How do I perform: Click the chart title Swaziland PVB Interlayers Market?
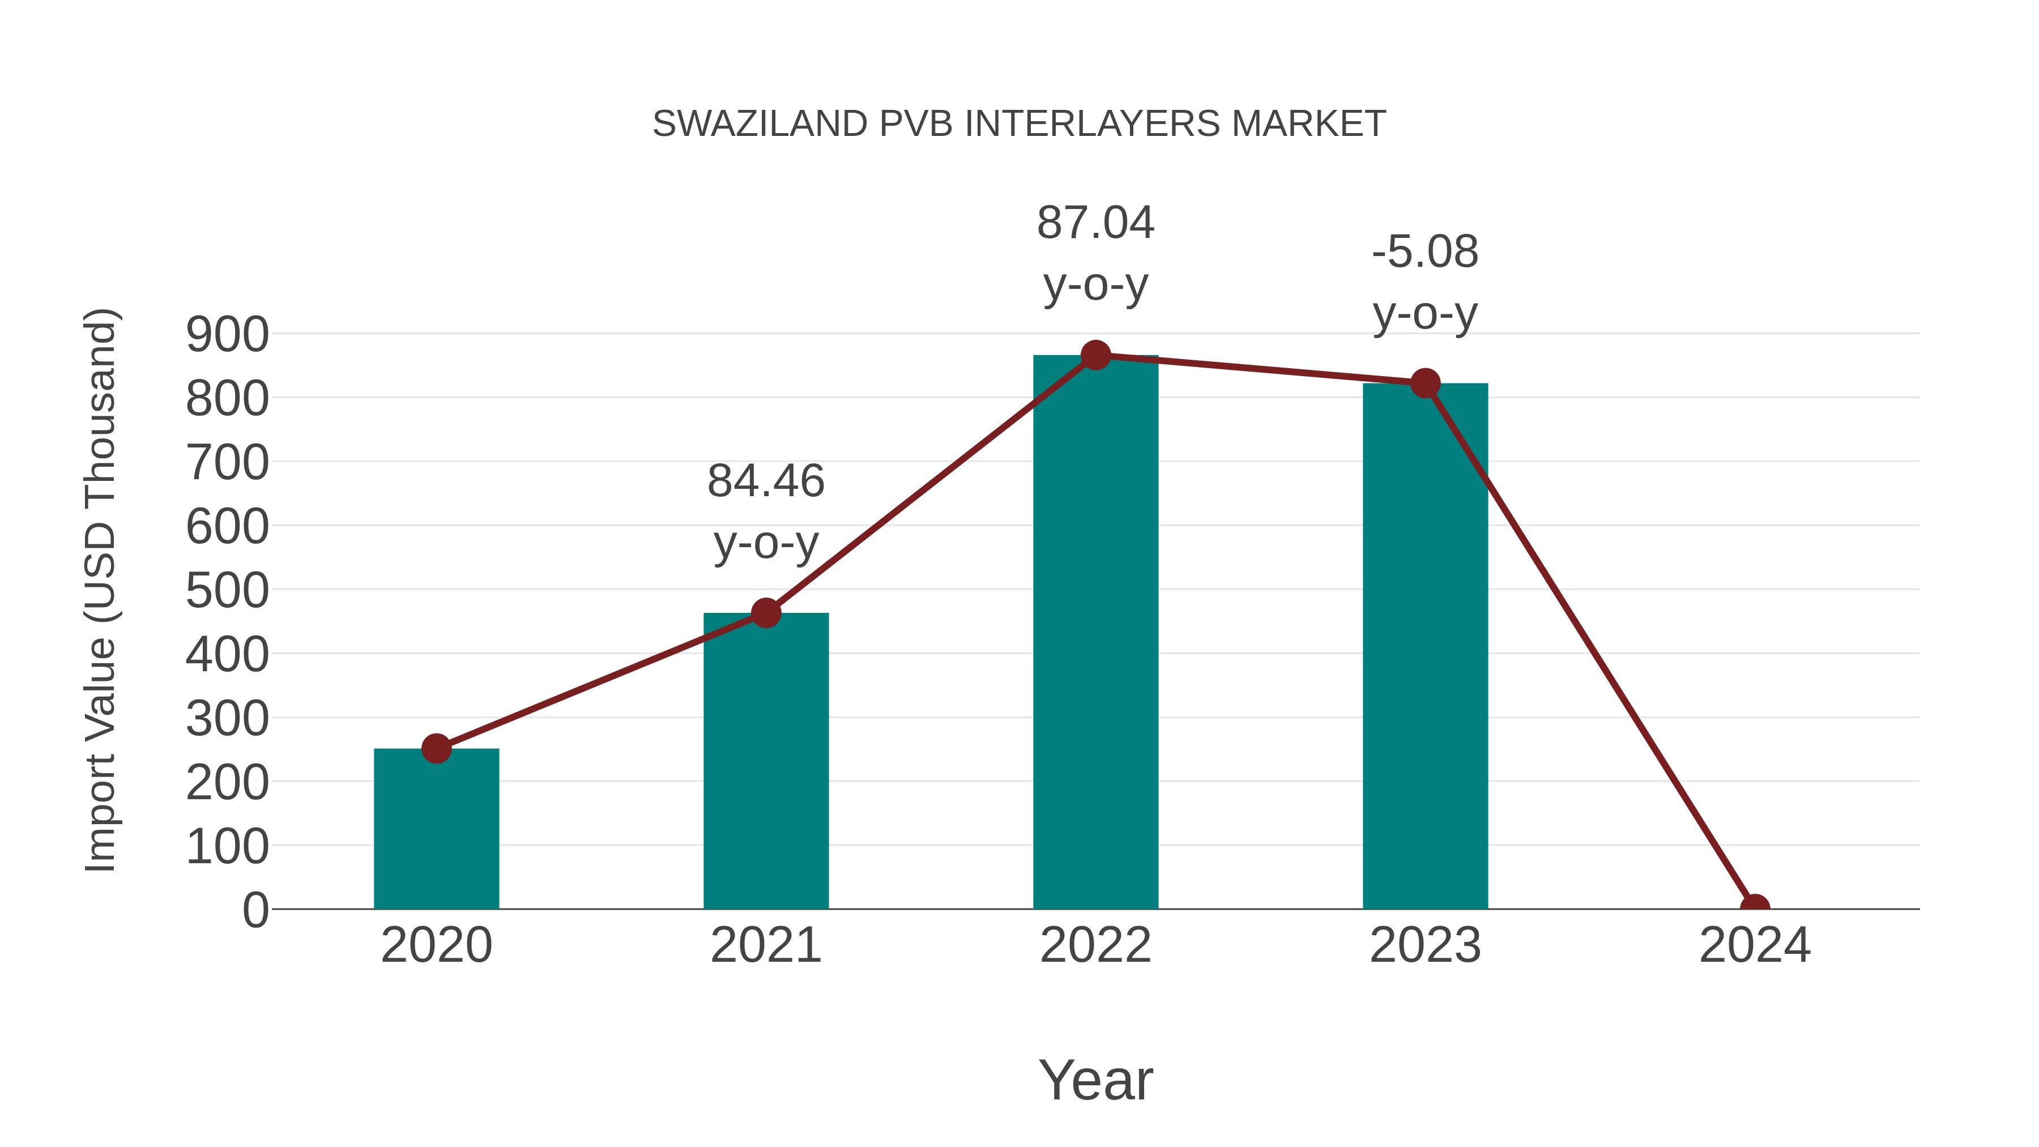click(1019, 123)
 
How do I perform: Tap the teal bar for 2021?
click(765, 760)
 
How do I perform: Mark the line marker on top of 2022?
click(1095, 355)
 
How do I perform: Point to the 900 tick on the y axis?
click(227, 334)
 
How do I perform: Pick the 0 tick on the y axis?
click(255, 910)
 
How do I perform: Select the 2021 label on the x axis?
click(765, 945)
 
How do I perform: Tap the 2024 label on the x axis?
click(1755, 945)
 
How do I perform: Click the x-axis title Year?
click(1095, 1080)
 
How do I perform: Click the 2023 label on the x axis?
click(1425, 945)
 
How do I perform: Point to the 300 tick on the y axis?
click(227, 718)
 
